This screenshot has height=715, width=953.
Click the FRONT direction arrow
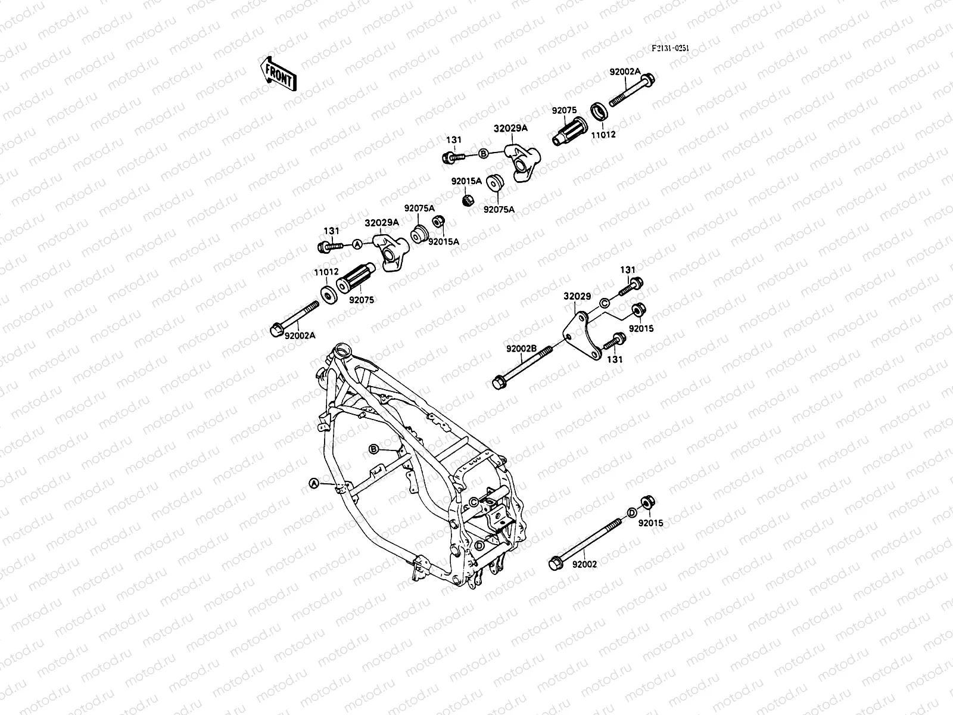coord(278,73)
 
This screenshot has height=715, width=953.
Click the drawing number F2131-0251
coord(670,49)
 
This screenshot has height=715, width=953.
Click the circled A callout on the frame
coord(313,484)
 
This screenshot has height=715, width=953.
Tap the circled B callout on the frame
coord(374,448)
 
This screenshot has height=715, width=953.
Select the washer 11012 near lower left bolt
coord(328,294)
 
